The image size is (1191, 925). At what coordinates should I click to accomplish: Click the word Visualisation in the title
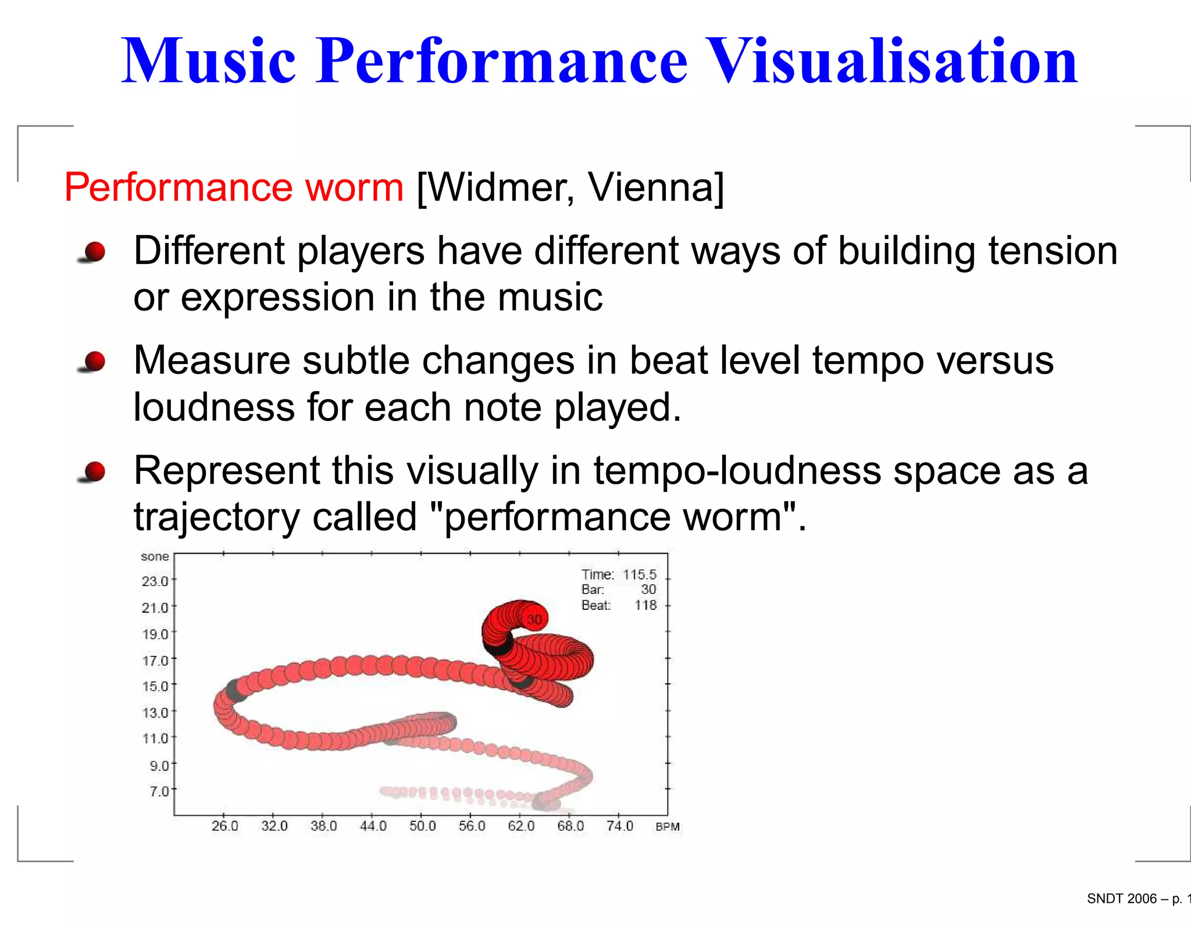click(893, 61)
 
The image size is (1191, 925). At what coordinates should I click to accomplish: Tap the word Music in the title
click(208, 61)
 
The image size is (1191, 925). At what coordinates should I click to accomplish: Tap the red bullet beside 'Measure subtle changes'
click(93, 362)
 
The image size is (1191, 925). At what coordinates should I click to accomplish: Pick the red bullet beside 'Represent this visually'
click(93, 472)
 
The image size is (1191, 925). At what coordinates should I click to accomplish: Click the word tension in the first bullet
click(1053, 251)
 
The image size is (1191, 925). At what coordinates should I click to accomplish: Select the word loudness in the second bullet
click(214, 407)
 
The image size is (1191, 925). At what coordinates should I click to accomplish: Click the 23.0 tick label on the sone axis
click(155, 581)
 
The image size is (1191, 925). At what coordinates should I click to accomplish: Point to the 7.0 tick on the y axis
click(159, 791)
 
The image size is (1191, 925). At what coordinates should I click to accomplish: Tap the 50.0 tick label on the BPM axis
click(422, 826)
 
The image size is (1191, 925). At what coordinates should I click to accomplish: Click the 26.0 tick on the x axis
click(224, 826)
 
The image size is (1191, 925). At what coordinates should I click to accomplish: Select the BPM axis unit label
click(667, 827)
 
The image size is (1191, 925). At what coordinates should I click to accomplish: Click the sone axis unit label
click(155, 556)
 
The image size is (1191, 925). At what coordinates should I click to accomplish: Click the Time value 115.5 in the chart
click(639, 574)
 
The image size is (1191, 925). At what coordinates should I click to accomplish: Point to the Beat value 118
click(645, 605)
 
